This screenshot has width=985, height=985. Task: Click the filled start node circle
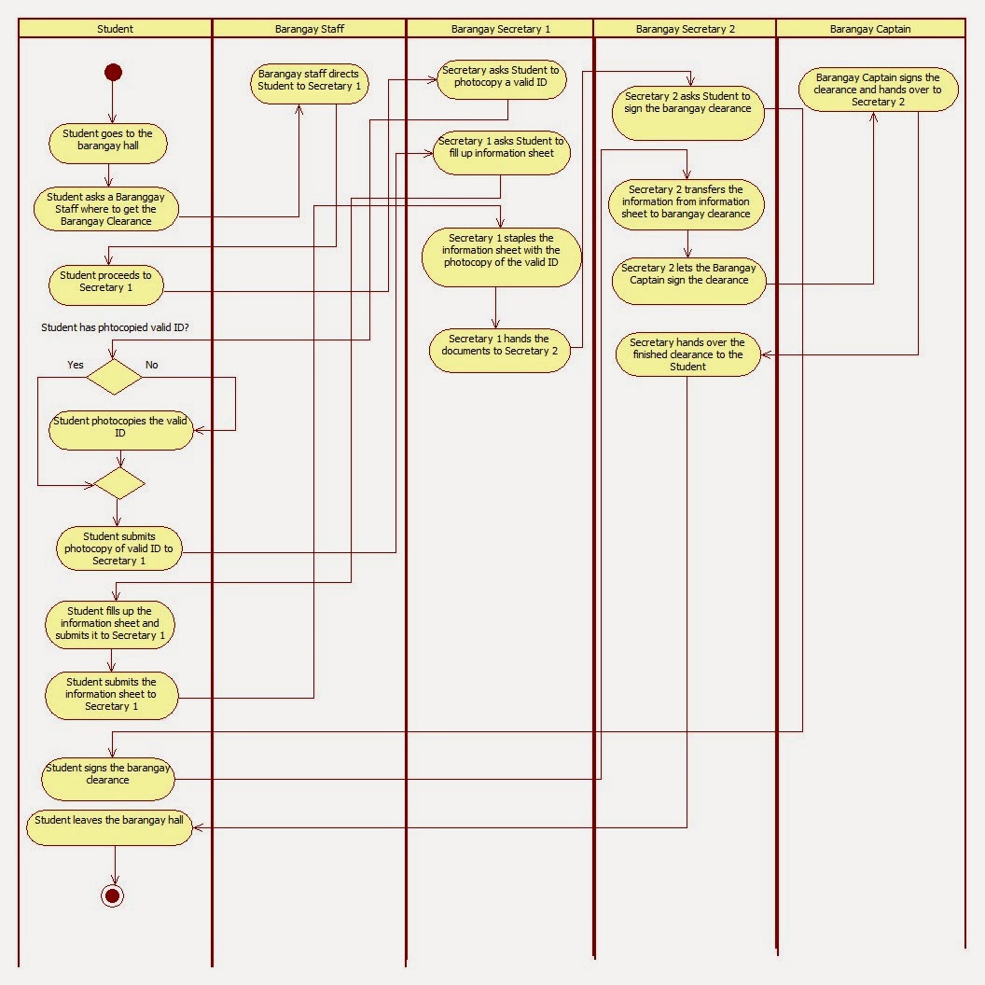click(113, 73)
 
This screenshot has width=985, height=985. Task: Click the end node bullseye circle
click(113, 895)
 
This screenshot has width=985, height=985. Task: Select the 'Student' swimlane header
click(115, 29)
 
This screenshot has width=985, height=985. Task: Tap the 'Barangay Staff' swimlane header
click(309, 29)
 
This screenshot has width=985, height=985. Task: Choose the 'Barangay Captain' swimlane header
click(869, 29)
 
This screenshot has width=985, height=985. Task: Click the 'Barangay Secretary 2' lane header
click(685, 29)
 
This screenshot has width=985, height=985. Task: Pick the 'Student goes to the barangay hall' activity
click(107, 140)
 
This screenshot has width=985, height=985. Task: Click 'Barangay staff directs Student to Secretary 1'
click(309, 80)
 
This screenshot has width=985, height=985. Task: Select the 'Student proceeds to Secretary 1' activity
click(105, 282)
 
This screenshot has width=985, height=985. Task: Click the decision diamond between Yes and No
click(114, 377)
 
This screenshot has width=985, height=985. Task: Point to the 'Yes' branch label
click(76, 365)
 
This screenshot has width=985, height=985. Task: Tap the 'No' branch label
click(151, 365)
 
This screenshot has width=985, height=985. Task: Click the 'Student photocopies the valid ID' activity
click(120, 427)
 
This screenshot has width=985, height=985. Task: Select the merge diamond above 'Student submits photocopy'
click(118, 483)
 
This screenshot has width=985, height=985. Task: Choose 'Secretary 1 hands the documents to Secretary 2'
click(499, 345)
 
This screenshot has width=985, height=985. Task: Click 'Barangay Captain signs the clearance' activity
click(878, 90)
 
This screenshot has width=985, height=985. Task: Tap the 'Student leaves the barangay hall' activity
click(109, 825)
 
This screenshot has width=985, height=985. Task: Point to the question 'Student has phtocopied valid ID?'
click(115, 327)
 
